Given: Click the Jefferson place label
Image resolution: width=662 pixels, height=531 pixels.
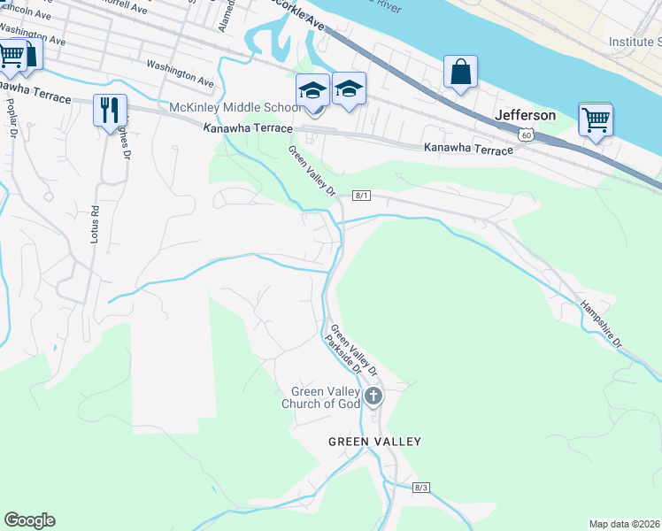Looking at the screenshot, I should (526, 115).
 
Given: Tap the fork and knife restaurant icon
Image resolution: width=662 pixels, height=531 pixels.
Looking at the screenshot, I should (110, 110).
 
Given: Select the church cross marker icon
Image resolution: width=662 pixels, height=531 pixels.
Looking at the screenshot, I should (373, 396).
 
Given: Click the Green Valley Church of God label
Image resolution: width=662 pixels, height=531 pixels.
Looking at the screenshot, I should (327, 398).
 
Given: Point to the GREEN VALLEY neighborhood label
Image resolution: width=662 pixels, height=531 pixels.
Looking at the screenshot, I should (374, 441).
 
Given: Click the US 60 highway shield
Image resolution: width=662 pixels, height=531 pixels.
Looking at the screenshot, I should (527, 135).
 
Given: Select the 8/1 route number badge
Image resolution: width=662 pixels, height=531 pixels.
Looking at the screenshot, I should (361, 195).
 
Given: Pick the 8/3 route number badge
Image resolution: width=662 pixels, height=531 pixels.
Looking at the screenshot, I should (420, 488).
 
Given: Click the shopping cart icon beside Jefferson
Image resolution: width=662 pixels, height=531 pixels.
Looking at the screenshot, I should (596, 119).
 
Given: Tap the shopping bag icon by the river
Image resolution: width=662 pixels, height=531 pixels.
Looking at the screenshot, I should (460, 73).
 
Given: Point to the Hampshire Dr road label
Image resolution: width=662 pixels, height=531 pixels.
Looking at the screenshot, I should (602, 325).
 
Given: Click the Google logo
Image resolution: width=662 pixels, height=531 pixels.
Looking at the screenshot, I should (29, 520).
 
